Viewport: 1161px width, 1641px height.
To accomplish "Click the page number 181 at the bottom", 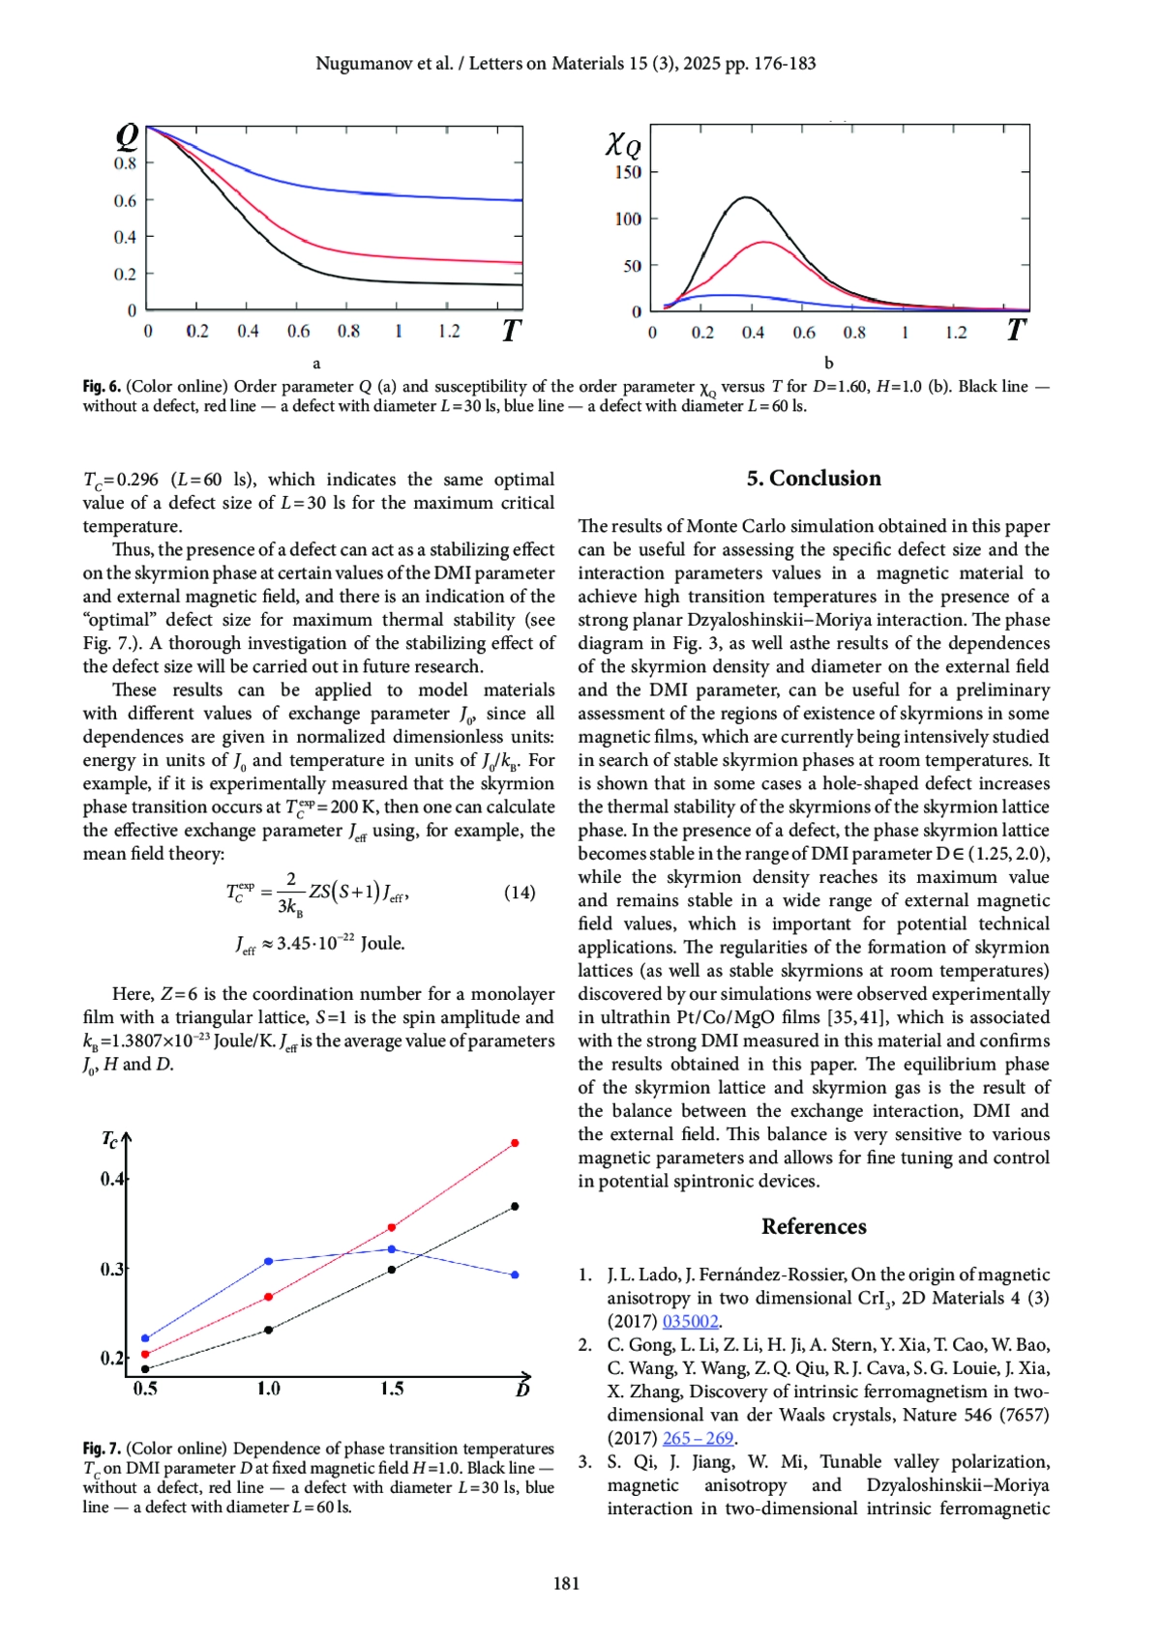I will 566,1583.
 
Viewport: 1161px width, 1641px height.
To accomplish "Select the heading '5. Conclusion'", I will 814,479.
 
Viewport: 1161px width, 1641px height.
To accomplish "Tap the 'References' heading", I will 814,1226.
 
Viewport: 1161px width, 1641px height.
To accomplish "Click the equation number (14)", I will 520,893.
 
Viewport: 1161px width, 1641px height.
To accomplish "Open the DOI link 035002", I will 690,1322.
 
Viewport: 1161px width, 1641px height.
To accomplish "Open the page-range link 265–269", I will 698,1438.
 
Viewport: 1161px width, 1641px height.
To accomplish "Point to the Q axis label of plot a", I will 127,137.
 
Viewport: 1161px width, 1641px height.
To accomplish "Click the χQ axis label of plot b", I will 623,145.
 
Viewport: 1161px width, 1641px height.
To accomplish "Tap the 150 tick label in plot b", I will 628,172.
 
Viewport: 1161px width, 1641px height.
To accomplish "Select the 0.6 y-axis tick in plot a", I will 125,201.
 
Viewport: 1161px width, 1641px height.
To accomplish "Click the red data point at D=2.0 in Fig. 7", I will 515,1143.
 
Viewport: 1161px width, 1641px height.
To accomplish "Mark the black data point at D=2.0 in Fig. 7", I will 515,1207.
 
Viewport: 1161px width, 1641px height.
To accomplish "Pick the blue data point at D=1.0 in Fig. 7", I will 269,1261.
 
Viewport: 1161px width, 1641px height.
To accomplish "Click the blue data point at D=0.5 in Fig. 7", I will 145,1338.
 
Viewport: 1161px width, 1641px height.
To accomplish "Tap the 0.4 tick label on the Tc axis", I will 111,1179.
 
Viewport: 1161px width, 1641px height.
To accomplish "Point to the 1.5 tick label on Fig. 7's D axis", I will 392,1390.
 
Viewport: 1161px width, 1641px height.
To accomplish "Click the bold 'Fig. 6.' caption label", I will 102,387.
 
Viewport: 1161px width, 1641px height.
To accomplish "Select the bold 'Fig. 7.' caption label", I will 102,1449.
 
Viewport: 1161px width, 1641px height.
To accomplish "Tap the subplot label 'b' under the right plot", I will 828,364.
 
